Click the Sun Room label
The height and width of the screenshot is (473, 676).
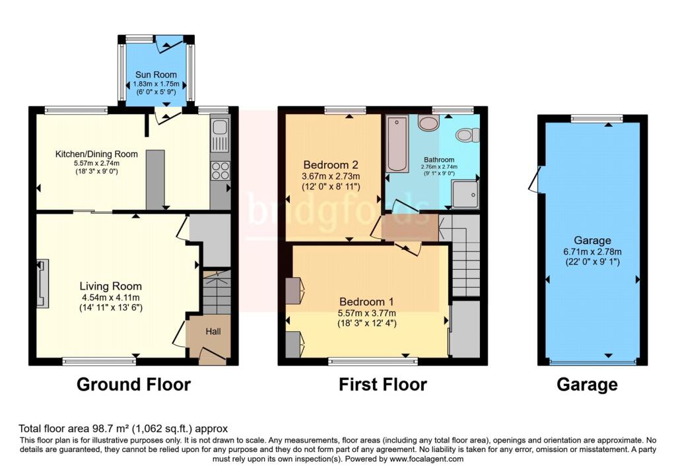[x=156, y=75]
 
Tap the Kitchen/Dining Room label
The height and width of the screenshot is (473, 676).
[x=96, y=154]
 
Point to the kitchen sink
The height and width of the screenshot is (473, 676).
[x=219, y=135]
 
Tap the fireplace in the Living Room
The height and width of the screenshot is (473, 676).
[x=42, y=284]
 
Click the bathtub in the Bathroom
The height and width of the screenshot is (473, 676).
[x=397, y=143]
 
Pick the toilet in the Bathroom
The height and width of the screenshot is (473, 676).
[x=468, y=135]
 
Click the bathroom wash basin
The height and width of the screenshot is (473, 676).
[x=428, y=123]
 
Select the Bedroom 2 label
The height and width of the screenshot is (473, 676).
[x=331, y=165]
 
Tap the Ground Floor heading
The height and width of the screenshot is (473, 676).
[x=134, y=385]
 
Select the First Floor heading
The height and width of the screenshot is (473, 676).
[x=383, y=385]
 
